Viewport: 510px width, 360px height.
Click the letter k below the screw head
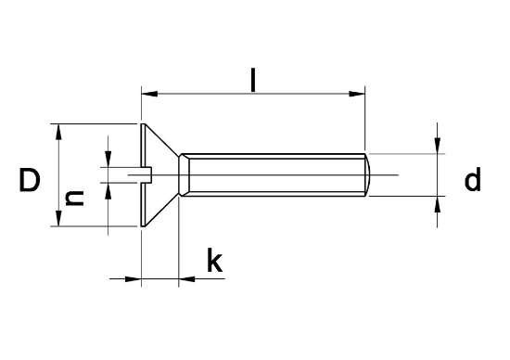(213, 263)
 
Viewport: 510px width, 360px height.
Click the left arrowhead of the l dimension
(148, 93)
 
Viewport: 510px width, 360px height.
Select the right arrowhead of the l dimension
(358, 93)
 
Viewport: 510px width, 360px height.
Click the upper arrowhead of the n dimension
(108, 158)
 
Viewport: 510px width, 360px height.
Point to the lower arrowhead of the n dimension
(108, 191)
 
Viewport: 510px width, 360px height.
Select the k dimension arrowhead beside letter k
(188, 277)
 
